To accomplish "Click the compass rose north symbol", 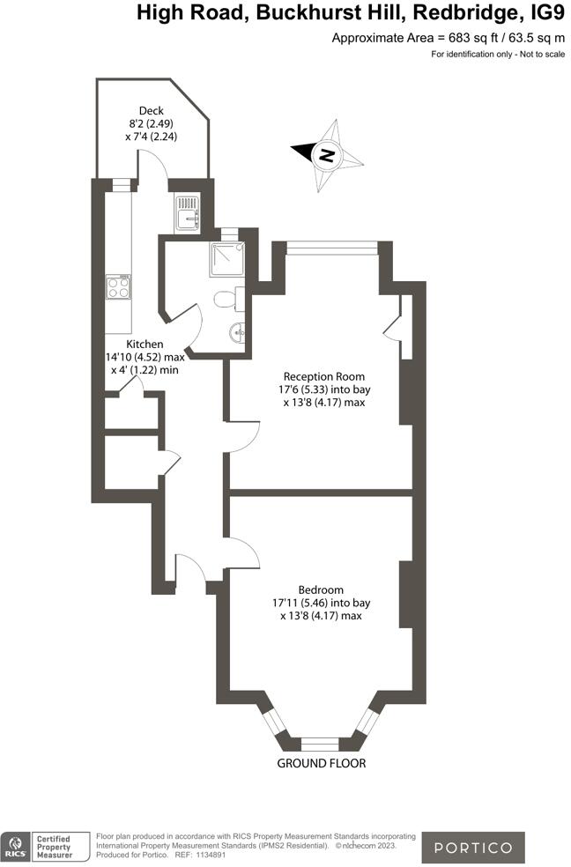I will click(327, 155).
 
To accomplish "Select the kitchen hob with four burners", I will click(118, 286).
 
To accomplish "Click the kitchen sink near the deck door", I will click(188, 215).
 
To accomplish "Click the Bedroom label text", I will click(320, 589).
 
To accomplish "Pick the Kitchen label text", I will click(145, 344).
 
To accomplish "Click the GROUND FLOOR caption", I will click(321, 763).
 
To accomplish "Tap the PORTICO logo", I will click(472, 848).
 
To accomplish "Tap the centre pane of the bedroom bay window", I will click(320, 743).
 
